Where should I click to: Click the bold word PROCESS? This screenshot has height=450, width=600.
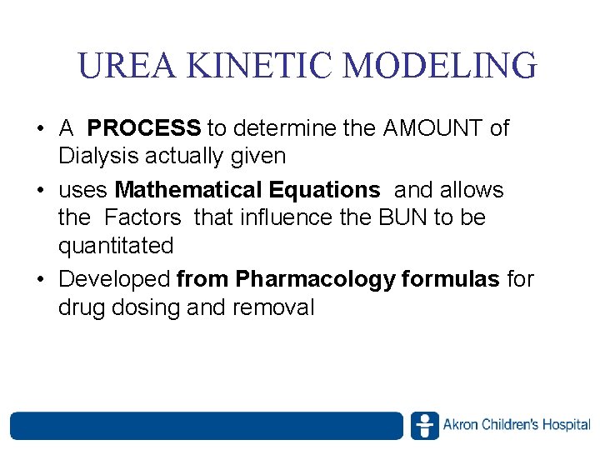pos(144,128)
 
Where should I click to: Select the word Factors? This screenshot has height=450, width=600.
pos(142,218)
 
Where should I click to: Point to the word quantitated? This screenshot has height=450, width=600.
pos(116,247)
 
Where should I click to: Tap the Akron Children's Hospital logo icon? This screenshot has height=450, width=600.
pos(424,425)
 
